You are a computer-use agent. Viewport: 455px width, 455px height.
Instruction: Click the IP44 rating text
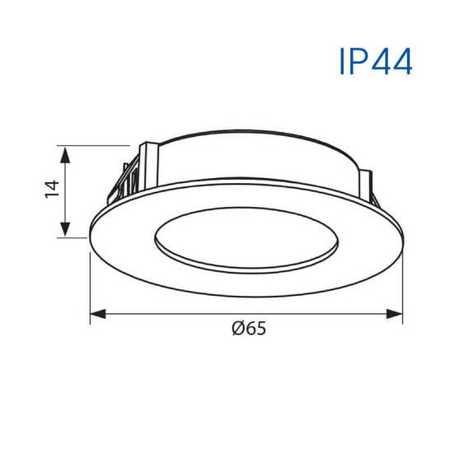click(x=374, y=61)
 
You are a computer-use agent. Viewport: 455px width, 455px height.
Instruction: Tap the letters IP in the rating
click(x=349, y=61)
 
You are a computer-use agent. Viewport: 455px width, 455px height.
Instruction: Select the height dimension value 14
click(x=51, y=190)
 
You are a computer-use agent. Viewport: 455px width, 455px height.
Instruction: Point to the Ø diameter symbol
click(x=237, y=329)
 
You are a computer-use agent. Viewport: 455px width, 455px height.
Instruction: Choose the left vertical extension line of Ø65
click(x=90, y=280)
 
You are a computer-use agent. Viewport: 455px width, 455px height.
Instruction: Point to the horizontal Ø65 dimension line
click(x=165, y=313)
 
